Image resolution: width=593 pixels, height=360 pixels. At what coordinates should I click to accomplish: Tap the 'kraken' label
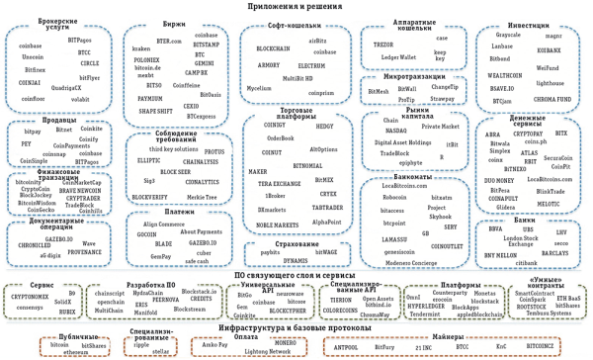coord(141,47)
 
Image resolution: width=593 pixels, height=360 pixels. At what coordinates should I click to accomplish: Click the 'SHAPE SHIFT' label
coord(155,112)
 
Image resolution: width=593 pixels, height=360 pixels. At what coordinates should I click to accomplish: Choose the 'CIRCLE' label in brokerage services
coord(90,61)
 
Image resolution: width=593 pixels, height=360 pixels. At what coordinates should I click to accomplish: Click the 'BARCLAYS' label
coord(555,253)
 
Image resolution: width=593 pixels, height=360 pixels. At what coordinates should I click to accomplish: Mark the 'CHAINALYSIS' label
coord(200,160)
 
